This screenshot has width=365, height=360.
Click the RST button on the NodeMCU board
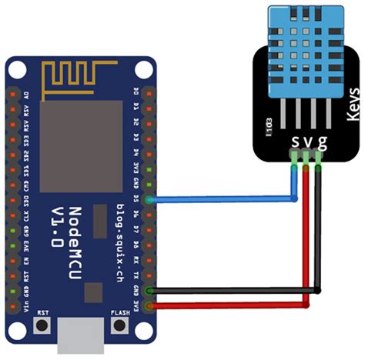[x=43, y=325]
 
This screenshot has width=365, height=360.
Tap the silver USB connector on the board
[x=80, y=337]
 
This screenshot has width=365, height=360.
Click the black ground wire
[x=231, y=291]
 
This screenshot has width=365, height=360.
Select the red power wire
[x=231, y=305]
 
